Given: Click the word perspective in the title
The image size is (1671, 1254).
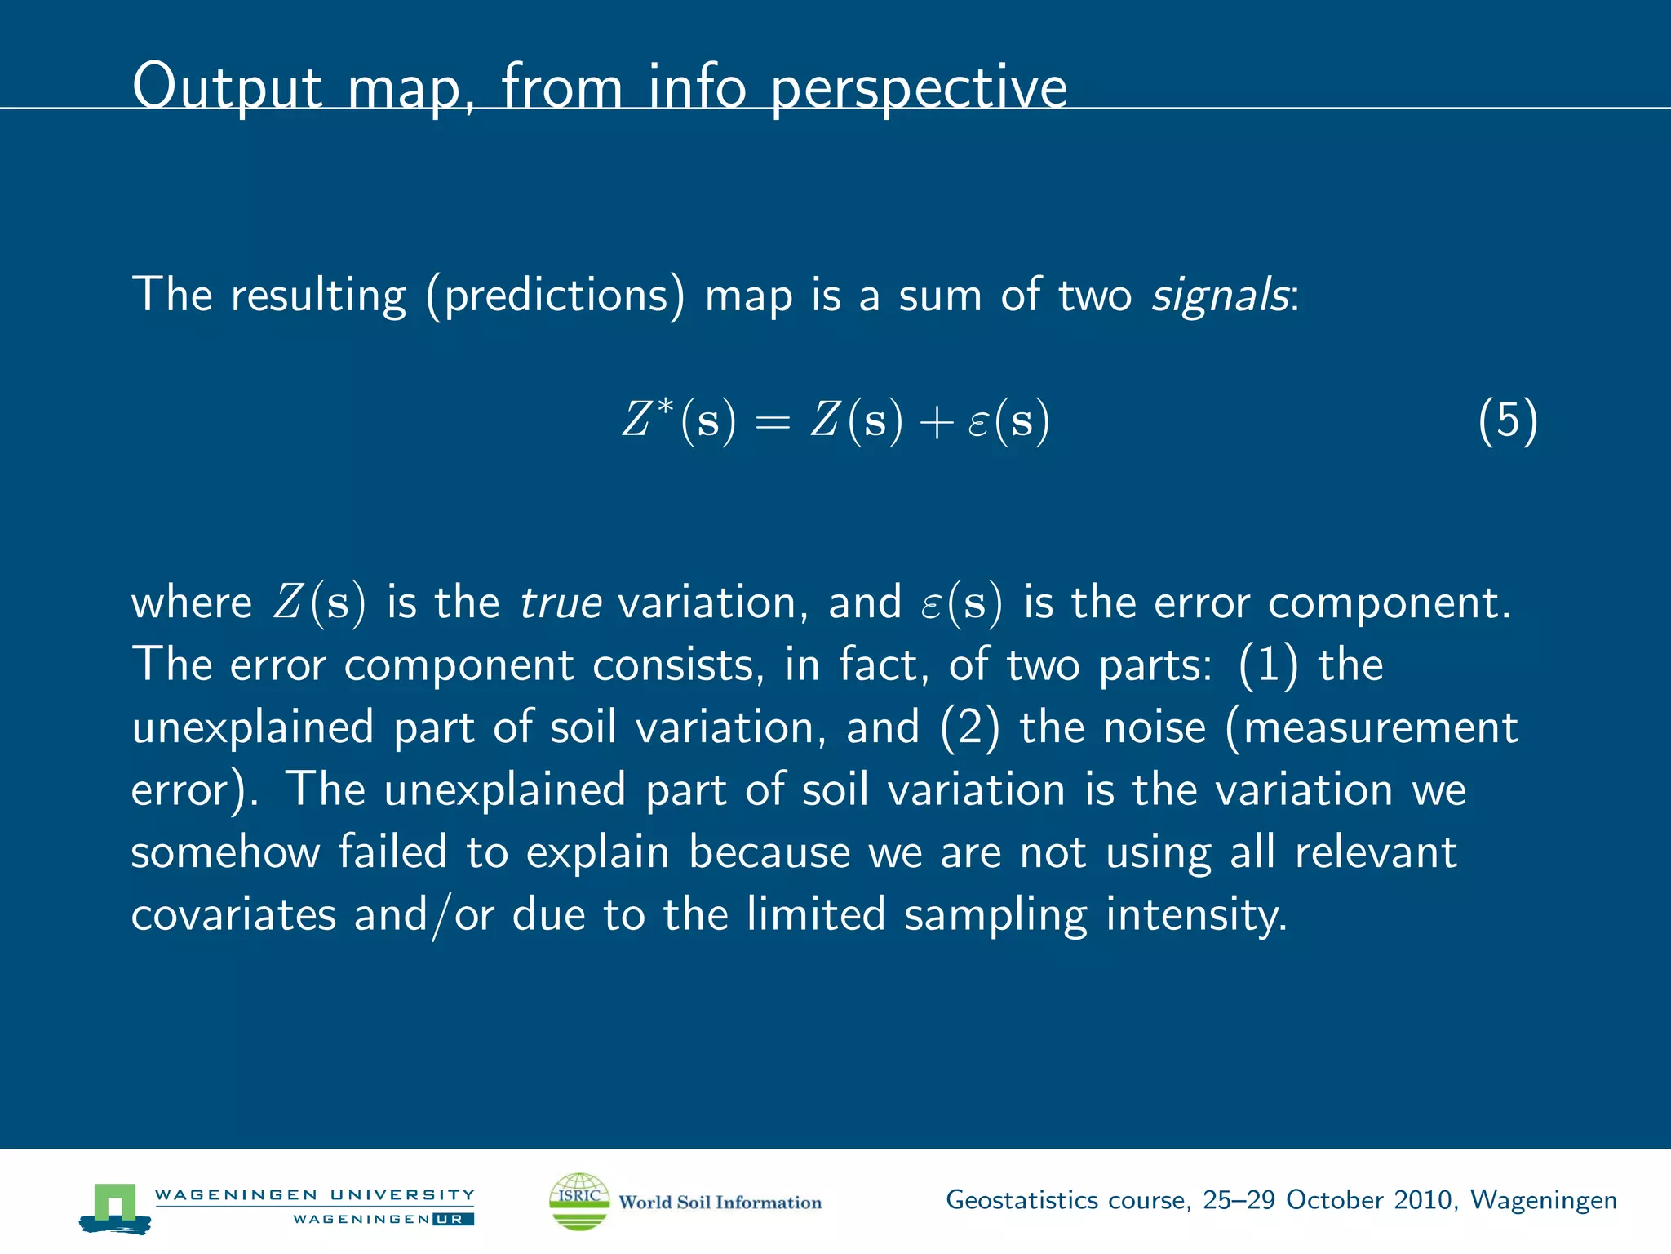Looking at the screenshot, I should (x=919, y=88).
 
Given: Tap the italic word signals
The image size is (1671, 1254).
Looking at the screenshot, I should (x=1220, y=295).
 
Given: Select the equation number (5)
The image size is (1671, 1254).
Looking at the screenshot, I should (x=1507, y=421).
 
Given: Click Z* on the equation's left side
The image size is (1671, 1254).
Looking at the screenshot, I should (x=648, y=420).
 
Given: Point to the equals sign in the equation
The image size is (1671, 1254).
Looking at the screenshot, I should (x=772, y=423).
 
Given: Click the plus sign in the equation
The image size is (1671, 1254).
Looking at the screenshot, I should (x=936, y=423).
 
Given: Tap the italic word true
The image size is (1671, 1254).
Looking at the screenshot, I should (x=561, y=603).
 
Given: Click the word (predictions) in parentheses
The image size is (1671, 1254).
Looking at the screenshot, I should (x=555, y=296).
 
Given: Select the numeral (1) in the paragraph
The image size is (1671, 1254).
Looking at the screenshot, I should (x=1267, y=665).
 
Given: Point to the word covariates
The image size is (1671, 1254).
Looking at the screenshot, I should (x=233, y=915).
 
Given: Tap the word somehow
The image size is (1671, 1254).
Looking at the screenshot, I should (x=225, y=853).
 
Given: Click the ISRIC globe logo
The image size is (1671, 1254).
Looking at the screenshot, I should (x=579, y=1201).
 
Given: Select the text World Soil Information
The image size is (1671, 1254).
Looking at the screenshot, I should (x=720, y=1203).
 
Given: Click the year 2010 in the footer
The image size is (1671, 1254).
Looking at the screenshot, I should (x=1423, y=1200).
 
